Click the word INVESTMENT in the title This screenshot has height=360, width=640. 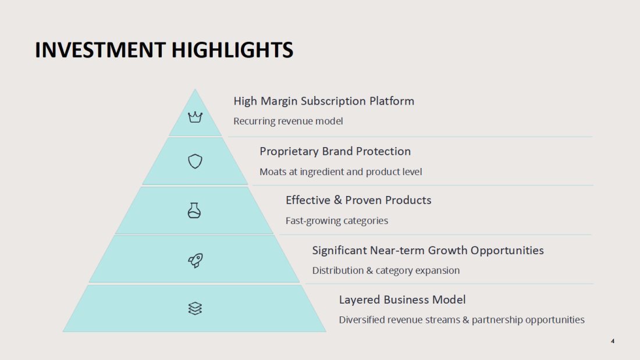(x=101, y=50)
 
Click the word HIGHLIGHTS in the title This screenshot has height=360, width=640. (x=232, y=50)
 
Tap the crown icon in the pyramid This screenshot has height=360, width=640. (x=195, y=117)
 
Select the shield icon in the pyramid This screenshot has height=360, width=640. (x=195, y=161)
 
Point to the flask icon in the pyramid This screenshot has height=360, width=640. (x=194, y=211)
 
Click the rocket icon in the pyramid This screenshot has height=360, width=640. (x=195, y=261)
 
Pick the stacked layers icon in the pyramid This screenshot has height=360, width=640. (x=195, y=309)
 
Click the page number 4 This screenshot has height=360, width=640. (x=612, y=341)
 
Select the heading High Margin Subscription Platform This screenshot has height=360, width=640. (x=323, y=101)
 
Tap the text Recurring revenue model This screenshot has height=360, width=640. (x=288, y=121)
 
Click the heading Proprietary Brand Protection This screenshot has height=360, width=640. (x=335, y=151)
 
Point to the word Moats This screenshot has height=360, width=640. (x=273, y=172)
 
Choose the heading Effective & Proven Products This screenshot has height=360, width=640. (x=358, y=201)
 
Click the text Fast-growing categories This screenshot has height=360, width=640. (x=337, y=221)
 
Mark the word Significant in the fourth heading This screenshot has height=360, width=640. (x=339, y=250)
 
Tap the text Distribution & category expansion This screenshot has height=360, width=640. (x=386, y=270)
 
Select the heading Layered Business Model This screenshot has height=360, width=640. (x=402, y=300)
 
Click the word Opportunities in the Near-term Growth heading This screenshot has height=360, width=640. (x=507, y=250)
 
